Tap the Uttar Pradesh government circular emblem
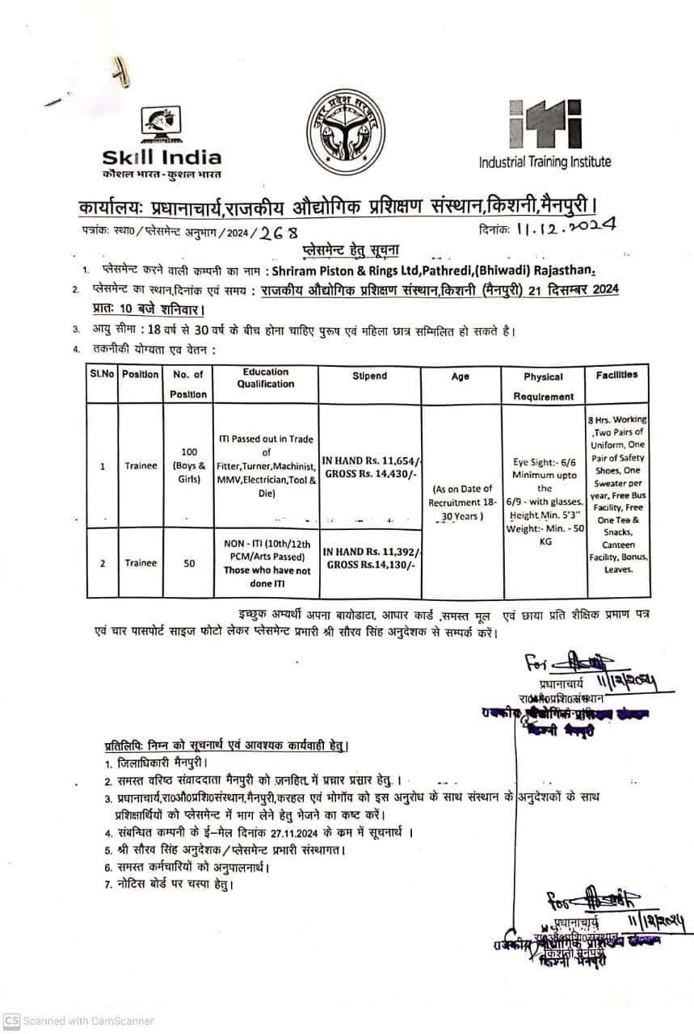[345, 130]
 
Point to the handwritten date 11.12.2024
[565, 228]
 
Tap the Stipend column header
[369, 376]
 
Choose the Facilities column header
[616, 375]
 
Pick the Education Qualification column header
[266, 378]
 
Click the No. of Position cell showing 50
[188, 563]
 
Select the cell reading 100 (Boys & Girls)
[188, 465]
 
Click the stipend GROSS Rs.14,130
[370, 565]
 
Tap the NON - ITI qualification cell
[266, 557]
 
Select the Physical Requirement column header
[544, 386]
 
